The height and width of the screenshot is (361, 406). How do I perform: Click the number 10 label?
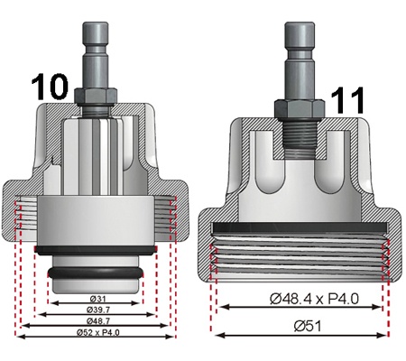click(x=50, y=87)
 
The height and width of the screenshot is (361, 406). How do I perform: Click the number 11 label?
click(x=347, y=100)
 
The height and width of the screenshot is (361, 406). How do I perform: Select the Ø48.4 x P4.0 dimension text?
click(x=314, y=299)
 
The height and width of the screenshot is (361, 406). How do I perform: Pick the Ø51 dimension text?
click(x=308, y=326)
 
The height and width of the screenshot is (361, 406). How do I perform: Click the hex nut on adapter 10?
click(x=95, y=96)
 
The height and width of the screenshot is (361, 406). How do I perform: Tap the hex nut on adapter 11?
click(x=300, y=109)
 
